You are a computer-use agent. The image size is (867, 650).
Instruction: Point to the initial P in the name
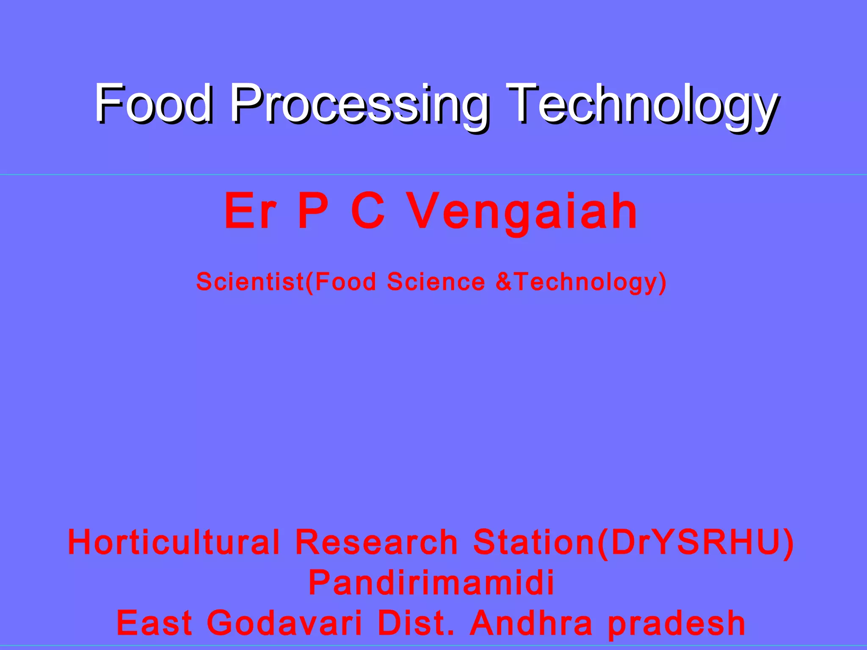(313, 211)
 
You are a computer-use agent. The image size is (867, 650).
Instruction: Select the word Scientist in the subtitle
(250, 281)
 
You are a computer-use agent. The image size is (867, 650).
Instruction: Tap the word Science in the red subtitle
(436, 281)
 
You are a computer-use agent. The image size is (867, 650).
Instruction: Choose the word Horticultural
(174, 542)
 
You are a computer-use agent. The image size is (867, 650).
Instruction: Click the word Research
(376, 542)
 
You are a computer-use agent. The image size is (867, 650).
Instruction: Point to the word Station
(534, 542)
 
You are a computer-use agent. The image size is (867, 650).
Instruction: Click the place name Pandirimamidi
(431, 583)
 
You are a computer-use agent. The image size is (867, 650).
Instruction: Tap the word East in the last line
(155, 623)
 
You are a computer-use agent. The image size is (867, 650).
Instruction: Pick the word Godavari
(284, 623)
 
